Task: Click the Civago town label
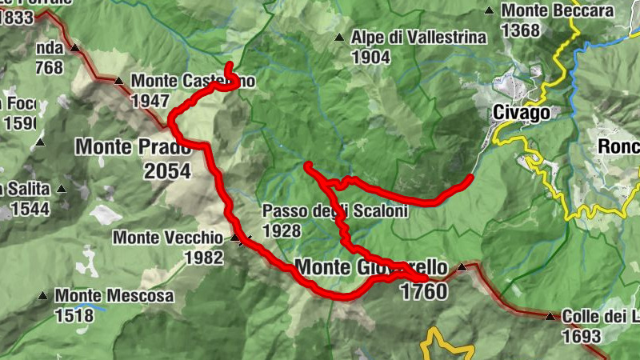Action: (x=522, y=113)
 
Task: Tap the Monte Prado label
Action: (x=134, y=147)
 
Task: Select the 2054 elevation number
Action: (x=167, y=170)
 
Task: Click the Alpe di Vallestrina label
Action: (x=418, y=38)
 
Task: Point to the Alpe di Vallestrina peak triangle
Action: (x=339, y=37)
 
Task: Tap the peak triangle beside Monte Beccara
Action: (x=489, y=11)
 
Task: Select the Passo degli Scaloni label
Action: (x=335, y=212)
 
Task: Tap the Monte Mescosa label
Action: (x=114, y=296)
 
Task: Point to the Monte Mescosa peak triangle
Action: (x=43, y=296)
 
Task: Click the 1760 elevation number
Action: (x=423, y=291)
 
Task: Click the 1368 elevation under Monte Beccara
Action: (x=522, y=30)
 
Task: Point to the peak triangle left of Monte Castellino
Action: (x=118, y=80)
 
